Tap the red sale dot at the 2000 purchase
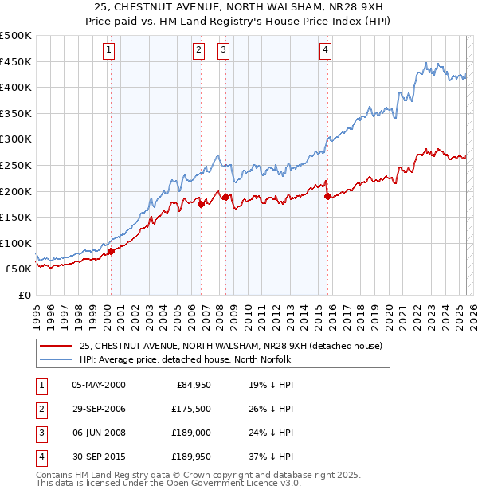(x=111, y=250)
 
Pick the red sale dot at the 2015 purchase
(x=327, y=196)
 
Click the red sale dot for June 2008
(x=225, y=197)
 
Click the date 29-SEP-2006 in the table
(x=99, y=410)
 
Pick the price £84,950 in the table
(x=189, y=385)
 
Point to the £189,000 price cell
(x=187, y=433)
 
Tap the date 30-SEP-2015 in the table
(x=99, y=457)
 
